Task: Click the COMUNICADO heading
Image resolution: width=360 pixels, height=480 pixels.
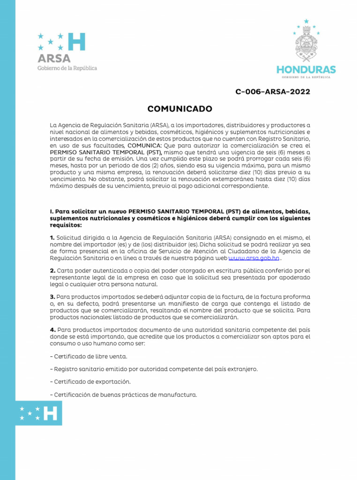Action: [x=180, y=109]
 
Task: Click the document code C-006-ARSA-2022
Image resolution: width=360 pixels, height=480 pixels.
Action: [x=272, y=92]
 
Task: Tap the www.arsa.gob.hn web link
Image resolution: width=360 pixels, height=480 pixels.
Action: [x=254, y=258]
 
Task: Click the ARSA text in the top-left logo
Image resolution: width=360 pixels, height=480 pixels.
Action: [x=54, y=59]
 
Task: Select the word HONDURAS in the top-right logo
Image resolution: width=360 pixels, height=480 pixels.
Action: [x=306, y=70]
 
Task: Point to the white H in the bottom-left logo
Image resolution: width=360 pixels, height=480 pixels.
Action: [x=50, y=413]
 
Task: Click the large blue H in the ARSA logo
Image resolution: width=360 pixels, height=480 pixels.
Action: [x=76, y=42]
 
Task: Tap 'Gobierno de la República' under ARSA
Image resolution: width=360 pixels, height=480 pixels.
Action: [x=67, y=68]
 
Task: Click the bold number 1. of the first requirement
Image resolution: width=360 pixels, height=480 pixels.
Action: [x=52, y=238]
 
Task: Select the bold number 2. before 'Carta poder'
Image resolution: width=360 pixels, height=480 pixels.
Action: [x=53, y=270]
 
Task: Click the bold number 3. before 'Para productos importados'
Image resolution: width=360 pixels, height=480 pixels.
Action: [x=53, y=297]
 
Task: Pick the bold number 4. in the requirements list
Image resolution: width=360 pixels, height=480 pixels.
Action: [x=53, y=330]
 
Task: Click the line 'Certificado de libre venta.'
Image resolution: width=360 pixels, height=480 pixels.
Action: [x=82, y=356]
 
